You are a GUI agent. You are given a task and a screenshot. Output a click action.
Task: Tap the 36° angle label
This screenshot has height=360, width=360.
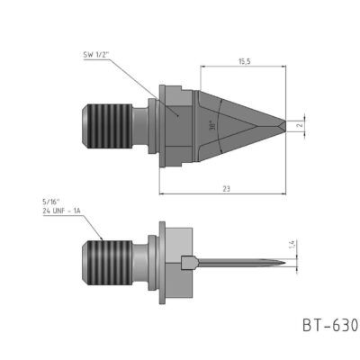pyautogui.click(x=212, y=127)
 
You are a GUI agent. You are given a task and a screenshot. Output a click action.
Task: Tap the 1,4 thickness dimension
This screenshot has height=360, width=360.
pyautogui.click(x=291, y=245)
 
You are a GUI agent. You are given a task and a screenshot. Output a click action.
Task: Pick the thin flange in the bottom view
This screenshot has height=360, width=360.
pyautogui.click(x=162, y=263)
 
